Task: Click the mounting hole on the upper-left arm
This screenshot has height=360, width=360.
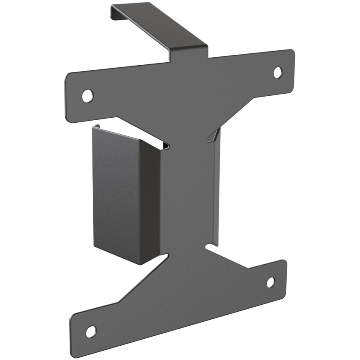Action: click(x=87, y=96)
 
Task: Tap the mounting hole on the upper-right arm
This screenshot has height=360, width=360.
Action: click(x=277, y=72)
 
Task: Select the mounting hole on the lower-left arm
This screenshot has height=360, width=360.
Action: click(x=91, y=332)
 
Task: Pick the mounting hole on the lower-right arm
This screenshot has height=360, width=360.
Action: click(x=271, y=282)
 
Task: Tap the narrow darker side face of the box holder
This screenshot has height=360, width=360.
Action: click(x=150, y=203)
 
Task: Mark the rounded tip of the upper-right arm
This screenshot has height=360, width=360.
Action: click(x=292, y=64)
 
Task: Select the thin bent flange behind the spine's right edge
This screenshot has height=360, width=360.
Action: click(x=217, y=191)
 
